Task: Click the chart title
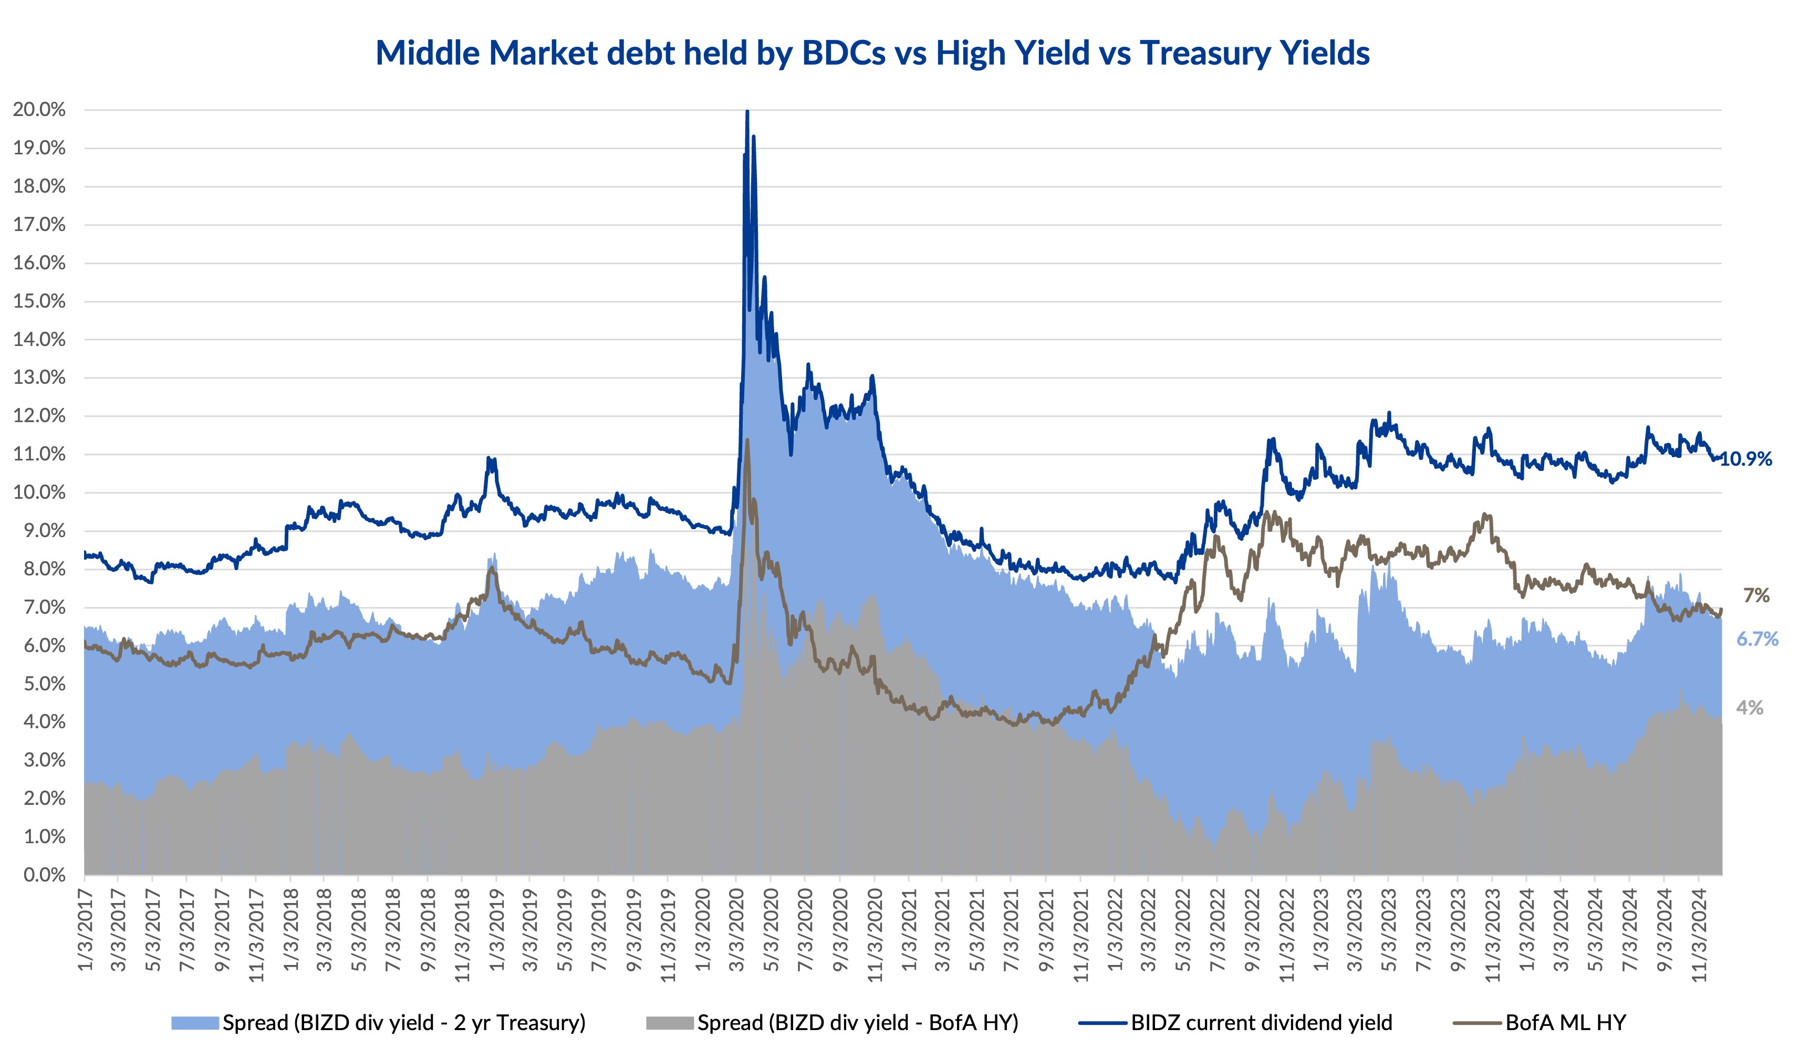(872, 53)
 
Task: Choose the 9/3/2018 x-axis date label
(428, 930)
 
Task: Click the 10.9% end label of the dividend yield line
(1747, 459)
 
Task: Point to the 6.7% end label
(1757, 639)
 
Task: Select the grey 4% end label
(1750, 708)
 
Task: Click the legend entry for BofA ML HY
(1566, 1022)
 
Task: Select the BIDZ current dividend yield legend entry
(1261, 1022)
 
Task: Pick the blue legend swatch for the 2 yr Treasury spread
(195, 1022)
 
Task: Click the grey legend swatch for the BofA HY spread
(669, 1022)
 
